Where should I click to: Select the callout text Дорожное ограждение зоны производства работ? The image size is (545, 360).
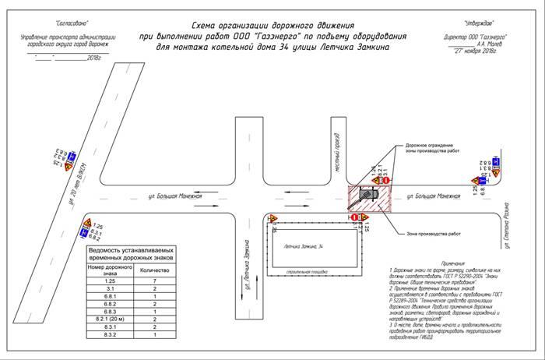point(437,149)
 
